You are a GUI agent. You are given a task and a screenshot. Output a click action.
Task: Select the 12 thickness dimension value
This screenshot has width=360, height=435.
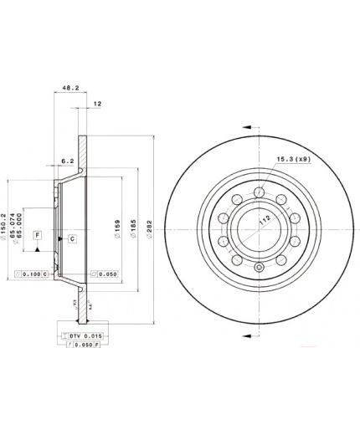97,103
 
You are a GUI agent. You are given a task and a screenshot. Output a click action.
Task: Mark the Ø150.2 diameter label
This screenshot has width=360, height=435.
8,206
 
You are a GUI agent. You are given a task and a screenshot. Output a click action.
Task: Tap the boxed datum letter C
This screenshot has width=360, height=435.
73,239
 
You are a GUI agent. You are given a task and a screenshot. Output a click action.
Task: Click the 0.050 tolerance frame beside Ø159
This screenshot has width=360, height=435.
105,274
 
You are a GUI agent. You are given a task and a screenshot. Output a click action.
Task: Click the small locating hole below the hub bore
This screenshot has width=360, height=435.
260,269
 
